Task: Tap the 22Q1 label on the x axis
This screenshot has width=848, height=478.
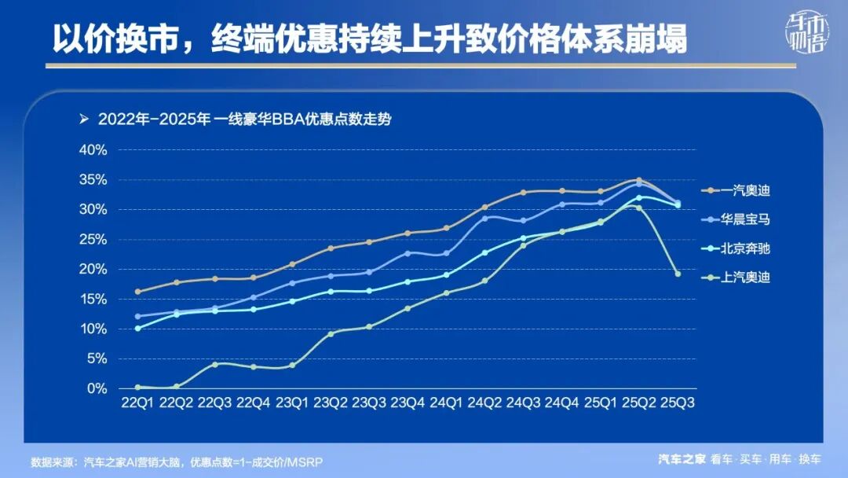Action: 137,403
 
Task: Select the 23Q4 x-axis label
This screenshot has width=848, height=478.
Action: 408,403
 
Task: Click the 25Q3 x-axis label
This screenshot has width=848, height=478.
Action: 678,403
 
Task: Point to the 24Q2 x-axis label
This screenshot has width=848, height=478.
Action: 484,403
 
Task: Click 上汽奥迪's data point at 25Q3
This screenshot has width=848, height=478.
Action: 678,274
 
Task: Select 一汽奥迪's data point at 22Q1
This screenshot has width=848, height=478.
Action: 137,292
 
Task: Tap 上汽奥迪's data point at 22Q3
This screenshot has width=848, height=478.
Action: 214,364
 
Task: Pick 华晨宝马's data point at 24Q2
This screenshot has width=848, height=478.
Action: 484,218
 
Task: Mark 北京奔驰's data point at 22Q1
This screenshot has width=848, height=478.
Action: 137,328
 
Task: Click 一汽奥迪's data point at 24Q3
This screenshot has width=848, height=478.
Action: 523,193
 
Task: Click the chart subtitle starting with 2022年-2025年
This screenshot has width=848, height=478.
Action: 243,120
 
